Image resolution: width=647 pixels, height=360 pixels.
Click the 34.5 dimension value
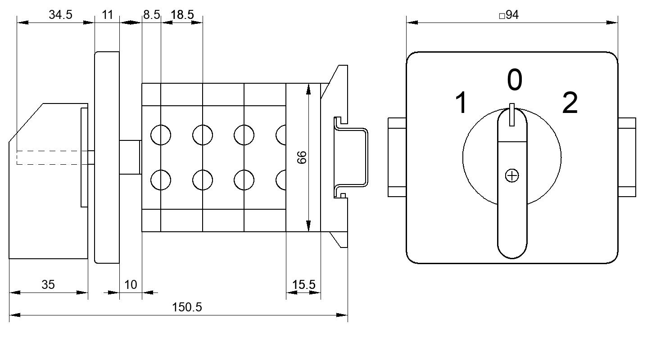tap(60, 14)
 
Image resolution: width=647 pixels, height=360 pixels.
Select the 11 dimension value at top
tap(108, 14)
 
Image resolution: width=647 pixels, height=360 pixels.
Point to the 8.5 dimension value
tap(151, 14)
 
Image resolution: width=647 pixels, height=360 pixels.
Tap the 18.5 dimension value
tap(182, 14)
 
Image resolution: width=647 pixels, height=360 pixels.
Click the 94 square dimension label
tap(509, 15)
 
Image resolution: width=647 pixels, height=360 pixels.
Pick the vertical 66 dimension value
tap(302, 157)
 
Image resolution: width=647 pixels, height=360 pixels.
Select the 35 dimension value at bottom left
tap(48, 285)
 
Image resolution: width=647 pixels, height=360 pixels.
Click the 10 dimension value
tap(131, 285)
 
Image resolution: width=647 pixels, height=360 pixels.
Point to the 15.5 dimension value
tap(303, 285)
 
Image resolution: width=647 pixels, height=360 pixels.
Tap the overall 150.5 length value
tap(187, 307)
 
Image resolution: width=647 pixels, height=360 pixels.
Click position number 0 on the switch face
tap(515, 80)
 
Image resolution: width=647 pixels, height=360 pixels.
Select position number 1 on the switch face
tap(461, 103)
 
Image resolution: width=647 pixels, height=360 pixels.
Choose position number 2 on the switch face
tap(570, 103)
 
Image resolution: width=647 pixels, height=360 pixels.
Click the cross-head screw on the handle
tap(512, 176)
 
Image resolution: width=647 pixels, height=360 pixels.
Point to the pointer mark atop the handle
tap(512, 115)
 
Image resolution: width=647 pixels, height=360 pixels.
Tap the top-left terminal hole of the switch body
tap(161, 135)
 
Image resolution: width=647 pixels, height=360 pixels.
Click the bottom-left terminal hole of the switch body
tap(161, 180)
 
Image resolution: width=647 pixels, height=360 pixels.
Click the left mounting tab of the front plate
tap(397, 157)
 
